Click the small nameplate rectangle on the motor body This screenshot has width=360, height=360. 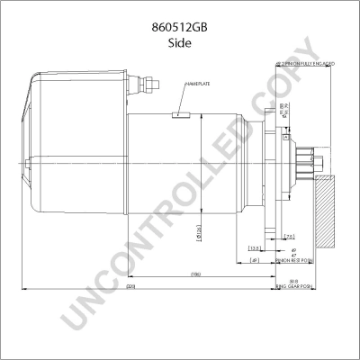[x=180, y=114]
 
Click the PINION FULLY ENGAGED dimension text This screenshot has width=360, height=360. [x=305, y=63]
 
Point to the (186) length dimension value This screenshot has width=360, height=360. [x=194, y=274]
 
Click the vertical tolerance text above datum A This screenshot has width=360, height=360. [x=283, y=112]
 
